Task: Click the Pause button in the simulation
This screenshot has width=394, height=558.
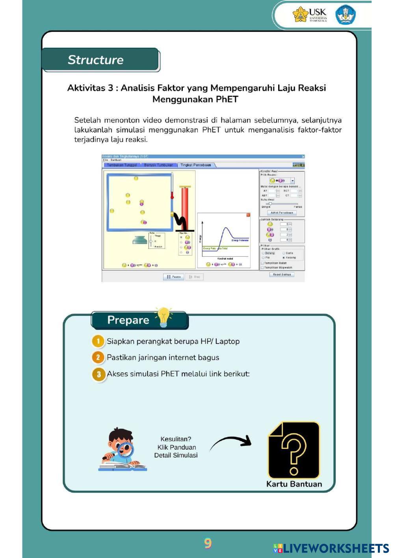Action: pyautogui.click(x=173, y=277)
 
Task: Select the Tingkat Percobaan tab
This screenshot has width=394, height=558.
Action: pyautogui.click(x=196, y=165)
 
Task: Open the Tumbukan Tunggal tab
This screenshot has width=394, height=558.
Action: pyautogui.click(x=122, y=165)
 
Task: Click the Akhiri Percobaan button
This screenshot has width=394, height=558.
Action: pyautogui.click(x=282, y=213)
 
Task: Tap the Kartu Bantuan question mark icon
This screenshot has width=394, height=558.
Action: pyautogui.click(x=294, y=450)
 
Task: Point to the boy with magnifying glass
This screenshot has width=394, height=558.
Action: pyautogui.click(x=122, y=450)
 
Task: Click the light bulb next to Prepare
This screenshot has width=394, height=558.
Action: pyautogui.click(x=164, y=317)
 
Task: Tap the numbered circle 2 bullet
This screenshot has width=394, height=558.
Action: pyautogui.click(x=98, y=357)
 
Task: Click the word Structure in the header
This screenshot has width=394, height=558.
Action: pyautogui.click(x=96, y=60)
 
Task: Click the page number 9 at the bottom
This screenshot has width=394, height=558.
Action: pyautogui.click(x=208, y=543)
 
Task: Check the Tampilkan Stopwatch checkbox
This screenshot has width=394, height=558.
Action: pyautogui.click(x=263, y=267)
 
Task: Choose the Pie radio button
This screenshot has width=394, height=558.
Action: pyautogui.click(x=263, y=258)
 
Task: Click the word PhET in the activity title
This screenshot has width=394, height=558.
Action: pyautogui.click(x=227, y=99)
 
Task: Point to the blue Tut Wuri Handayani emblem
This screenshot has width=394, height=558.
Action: pyautogui.click(x=346, y=15)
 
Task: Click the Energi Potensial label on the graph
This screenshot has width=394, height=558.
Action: pyautogui.click(x=240, y=240)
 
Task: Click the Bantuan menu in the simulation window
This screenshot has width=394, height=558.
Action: pyautogui.click(x=116, y=160)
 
